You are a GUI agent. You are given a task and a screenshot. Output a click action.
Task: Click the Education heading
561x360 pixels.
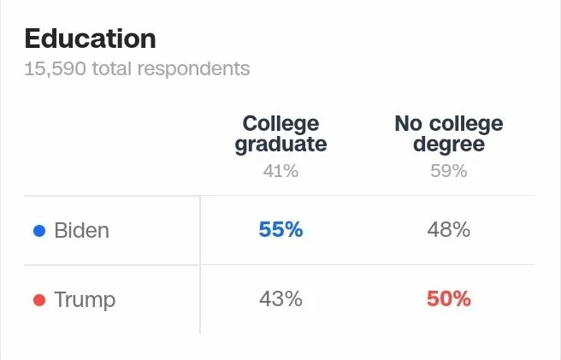(90, 38)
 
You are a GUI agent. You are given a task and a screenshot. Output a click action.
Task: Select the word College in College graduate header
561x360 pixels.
(280, 124)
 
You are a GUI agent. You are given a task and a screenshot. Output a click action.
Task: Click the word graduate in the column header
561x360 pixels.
(280, 144)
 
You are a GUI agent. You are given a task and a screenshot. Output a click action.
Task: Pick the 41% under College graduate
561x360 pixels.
(280, 171)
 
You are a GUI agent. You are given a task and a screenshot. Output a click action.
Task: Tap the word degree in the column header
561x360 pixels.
(449, 144)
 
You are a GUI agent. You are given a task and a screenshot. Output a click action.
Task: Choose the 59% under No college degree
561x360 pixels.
(449, 171)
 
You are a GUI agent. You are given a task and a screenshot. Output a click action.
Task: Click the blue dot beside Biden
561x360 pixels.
(38, 231)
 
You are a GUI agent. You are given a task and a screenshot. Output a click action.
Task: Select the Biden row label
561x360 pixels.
(81, 231)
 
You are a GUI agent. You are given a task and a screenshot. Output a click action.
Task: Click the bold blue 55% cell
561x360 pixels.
(280, 230)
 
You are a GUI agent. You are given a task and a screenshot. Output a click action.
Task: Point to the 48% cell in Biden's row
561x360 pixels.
(449, 230)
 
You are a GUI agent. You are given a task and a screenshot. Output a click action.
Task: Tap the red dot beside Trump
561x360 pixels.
(38, 300)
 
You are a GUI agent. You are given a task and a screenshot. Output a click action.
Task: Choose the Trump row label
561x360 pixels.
(84, 300)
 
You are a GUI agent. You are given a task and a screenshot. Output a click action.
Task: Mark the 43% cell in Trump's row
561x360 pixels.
(280, 299)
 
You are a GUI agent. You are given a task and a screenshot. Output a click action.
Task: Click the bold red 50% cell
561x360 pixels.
(449, 299)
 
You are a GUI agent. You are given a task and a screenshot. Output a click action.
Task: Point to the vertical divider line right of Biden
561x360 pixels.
(200, 231)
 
